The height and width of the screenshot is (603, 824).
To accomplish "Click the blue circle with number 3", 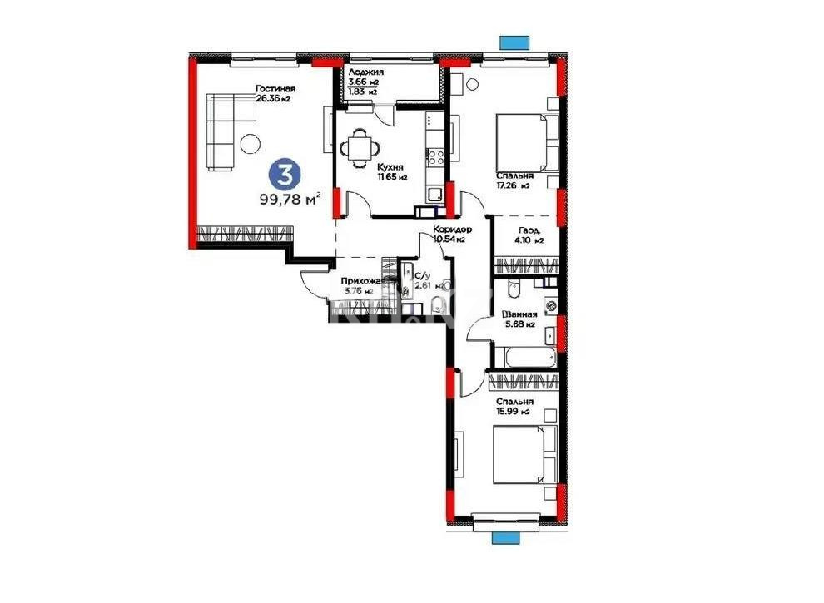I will [x=285, y=175].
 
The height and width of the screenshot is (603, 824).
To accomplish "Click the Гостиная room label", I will [x=275, y=89].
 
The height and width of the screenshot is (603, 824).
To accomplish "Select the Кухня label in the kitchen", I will [x=388, y=166].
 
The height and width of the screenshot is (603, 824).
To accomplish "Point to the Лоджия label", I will [x=367, y=72].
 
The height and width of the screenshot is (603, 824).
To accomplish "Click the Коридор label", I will [x=453, y=229].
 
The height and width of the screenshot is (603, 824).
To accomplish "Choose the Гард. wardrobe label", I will [x=529, y=230].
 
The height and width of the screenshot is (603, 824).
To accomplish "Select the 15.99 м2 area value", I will [x=514, y=412].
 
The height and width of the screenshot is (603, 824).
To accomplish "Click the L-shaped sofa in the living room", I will [x=222, y=131].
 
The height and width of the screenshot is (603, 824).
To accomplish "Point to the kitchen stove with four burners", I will [x=434, y=156].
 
